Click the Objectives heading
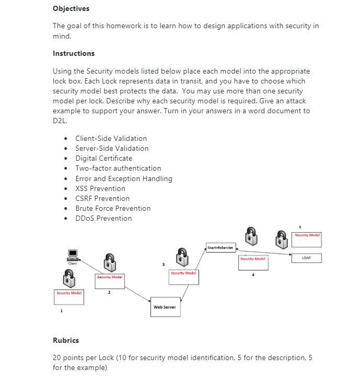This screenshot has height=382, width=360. point(71,8)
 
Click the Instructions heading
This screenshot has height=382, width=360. point(74,53)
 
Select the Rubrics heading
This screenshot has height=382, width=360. point(66,340)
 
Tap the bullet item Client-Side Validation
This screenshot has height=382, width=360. point(111,138)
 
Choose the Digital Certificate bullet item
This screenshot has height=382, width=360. point(103,158)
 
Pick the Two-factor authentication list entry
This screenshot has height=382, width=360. point(118,168)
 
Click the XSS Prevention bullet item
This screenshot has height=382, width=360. point(100,188)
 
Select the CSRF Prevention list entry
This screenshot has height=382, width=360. point(102,198)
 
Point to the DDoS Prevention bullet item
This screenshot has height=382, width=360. point(103,218)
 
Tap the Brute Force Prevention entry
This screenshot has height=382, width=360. point(113,208)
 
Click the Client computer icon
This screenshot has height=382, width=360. point(73,255)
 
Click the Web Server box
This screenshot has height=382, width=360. point(165,307)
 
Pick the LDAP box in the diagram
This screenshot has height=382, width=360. point(306,258)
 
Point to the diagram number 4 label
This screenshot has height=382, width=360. point(253,276)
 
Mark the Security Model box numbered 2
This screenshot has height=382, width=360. point(109,281)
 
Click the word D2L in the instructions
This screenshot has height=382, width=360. point(60,121)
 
